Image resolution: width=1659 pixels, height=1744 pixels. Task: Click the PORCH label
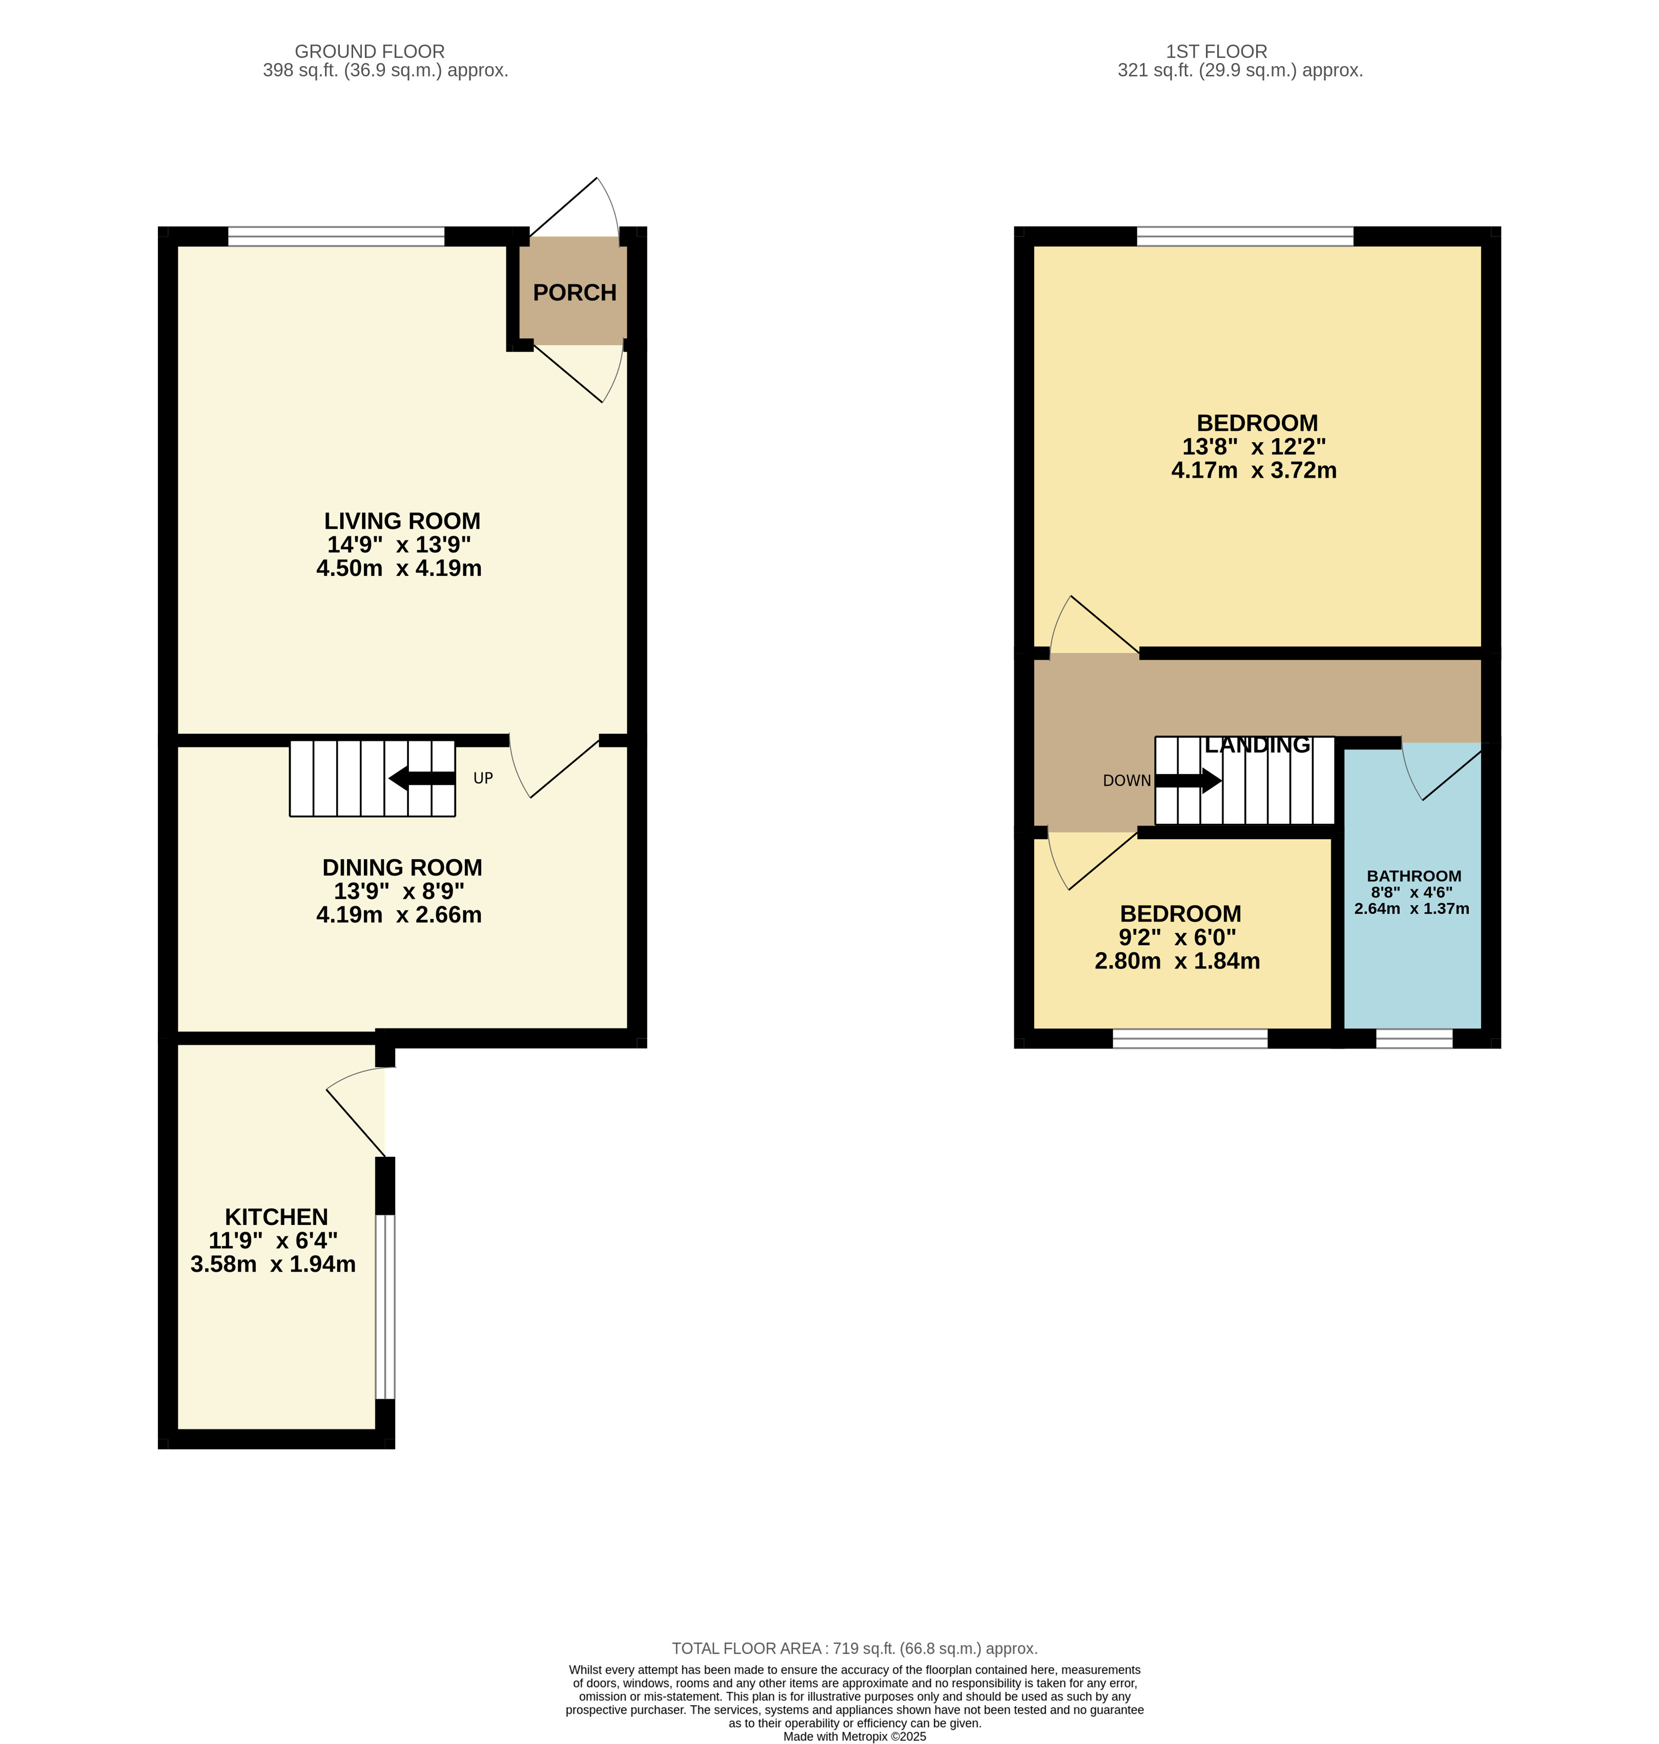(x=575, y=293)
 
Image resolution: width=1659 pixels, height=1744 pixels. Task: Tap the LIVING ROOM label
(x=402, y=522)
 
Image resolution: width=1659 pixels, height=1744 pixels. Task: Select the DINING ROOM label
(x=402, y=868)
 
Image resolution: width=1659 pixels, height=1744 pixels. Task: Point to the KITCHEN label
(x=276, y=1217)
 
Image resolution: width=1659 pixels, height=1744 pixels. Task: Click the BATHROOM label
(x=1414, y=876)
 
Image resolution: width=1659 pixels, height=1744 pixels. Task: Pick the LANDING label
(x=1258, y=745)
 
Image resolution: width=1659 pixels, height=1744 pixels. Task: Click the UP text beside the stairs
(x=483, y=778)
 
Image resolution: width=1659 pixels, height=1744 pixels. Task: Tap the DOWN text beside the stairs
(x=1127, y=780)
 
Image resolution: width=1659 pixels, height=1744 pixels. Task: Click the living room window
(x=336, y=236)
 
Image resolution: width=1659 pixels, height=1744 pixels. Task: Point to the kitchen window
(x=385, y=1306)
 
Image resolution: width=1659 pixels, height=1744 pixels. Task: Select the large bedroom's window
(x=1245, y=236)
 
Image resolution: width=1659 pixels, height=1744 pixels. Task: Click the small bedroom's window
(x=1190, y=1039)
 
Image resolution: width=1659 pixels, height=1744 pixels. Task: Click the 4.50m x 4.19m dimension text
(x=399, y=568)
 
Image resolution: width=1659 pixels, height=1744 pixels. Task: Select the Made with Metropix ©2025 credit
(x=854, y=1737)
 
